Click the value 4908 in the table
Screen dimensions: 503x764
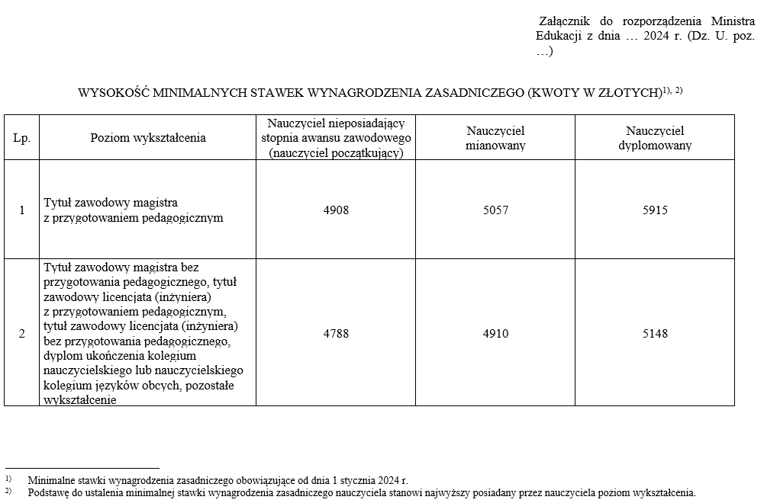click(x=336, y=210)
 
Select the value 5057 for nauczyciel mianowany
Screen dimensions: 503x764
click(x=495, y=210)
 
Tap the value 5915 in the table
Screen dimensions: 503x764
click(x=655, y=210)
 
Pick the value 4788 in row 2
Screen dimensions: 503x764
click(x=336, y=333)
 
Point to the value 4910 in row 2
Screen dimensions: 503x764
click(x=495, y=333)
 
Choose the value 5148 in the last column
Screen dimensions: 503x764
click(x=655, y=333)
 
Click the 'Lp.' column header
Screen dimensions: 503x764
click(x=21, y=138)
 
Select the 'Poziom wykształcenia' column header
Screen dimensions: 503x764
click(x=148, y=138)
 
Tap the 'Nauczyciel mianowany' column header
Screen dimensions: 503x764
click(x=495, y=138)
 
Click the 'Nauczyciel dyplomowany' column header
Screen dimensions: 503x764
click(x=655, y=138)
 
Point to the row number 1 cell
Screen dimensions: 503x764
click(x=21, y=210)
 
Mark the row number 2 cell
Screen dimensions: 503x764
click(x=21, y=333)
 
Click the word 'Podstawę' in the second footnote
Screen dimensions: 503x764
click(x=50, y=493)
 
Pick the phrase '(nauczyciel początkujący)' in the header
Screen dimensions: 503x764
click(x=336, y=152)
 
